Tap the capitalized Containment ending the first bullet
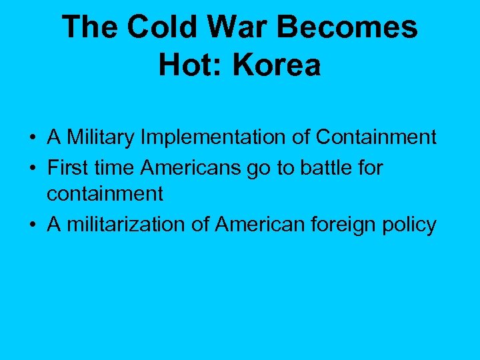376,137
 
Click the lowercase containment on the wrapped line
105,194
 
